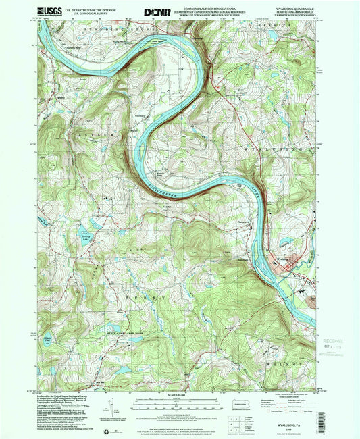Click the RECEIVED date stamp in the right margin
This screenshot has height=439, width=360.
[330, 335]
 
